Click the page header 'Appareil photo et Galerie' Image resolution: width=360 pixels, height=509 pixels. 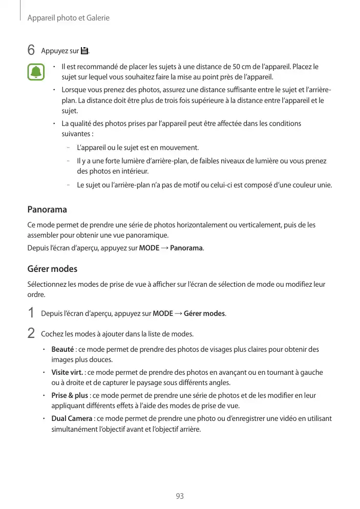(x=69, y=18)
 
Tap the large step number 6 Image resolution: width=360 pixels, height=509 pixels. (x=31, y=51)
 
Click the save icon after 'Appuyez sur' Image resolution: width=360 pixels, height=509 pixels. (x=84, y=51)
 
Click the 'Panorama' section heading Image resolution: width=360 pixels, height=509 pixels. (x=47, y=210)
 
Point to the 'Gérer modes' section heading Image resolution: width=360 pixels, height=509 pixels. (x=52, y=269)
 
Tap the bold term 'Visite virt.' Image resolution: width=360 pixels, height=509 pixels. (x=68, y=373)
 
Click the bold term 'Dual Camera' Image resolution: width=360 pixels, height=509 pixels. (x=72, y=419)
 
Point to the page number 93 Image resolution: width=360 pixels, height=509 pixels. (x=180, y=496)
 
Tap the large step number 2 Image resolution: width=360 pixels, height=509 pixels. (x=31, y=333)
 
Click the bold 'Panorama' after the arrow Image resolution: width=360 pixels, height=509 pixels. (x=186, y=249)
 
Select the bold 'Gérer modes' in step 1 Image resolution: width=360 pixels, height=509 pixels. (x=204, y=313)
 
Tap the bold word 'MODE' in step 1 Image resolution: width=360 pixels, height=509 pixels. (x=163, y=313)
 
